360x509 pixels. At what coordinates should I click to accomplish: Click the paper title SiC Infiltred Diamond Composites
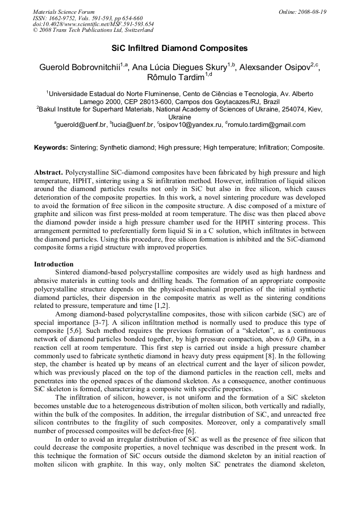(x=179, y=48)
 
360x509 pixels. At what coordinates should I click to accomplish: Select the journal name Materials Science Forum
(x=64, y=12)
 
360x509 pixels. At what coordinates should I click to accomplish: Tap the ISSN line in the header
(x=88, y=18)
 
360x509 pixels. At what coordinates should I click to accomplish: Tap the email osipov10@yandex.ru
(x=190, y=125)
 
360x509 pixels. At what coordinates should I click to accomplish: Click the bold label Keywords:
(x=51, y=147)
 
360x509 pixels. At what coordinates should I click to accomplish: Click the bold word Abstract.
(x=49, y=173)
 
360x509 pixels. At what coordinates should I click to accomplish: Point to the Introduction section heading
(x=54, y=264)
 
